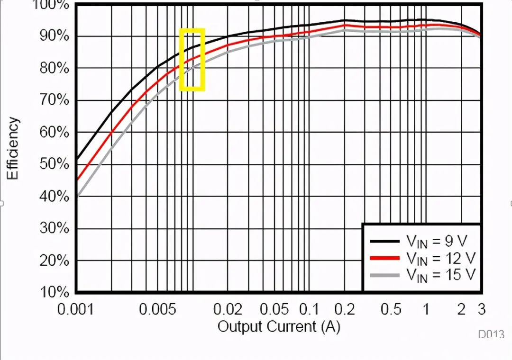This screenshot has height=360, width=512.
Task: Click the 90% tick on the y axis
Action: tap(56, 36)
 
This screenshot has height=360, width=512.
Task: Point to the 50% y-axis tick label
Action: tap(56, 164)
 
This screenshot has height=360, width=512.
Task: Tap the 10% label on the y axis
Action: tap(56, 292)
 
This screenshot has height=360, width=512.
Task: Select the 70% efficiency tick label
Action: tap(56, 100)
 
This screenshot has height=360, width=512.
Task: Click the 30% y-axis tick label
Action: tap(56, 228)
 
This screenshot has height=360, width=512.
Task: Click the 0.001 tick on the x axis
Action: tap(76, 310)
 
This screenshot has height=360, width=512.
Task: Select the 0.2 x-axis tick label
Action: tap(345, 310)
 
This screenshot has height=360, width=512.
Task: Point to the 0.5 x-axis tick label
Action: tap(391, 310)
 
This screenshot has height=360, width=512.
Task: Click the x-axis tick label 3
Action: tap(481, 310)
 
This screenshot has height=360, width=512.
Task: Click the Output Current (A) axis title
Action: tap(279, 326)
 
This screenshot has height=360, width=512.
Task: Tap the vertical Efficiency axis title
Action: tap(14, 148)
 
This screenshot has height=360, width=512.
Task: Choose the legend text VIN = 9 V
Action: tap(436, 242)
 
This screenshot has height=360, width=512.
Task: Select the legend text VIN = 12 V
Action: tap(440, 258)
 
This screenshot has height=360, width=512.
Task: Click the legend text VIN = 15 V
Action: tap(440, 275)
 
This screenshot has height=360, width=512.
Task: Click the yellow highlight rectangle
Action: tap(192, 59)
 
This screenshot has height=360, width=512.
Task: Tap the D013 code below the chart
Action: tap(491, 334)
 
